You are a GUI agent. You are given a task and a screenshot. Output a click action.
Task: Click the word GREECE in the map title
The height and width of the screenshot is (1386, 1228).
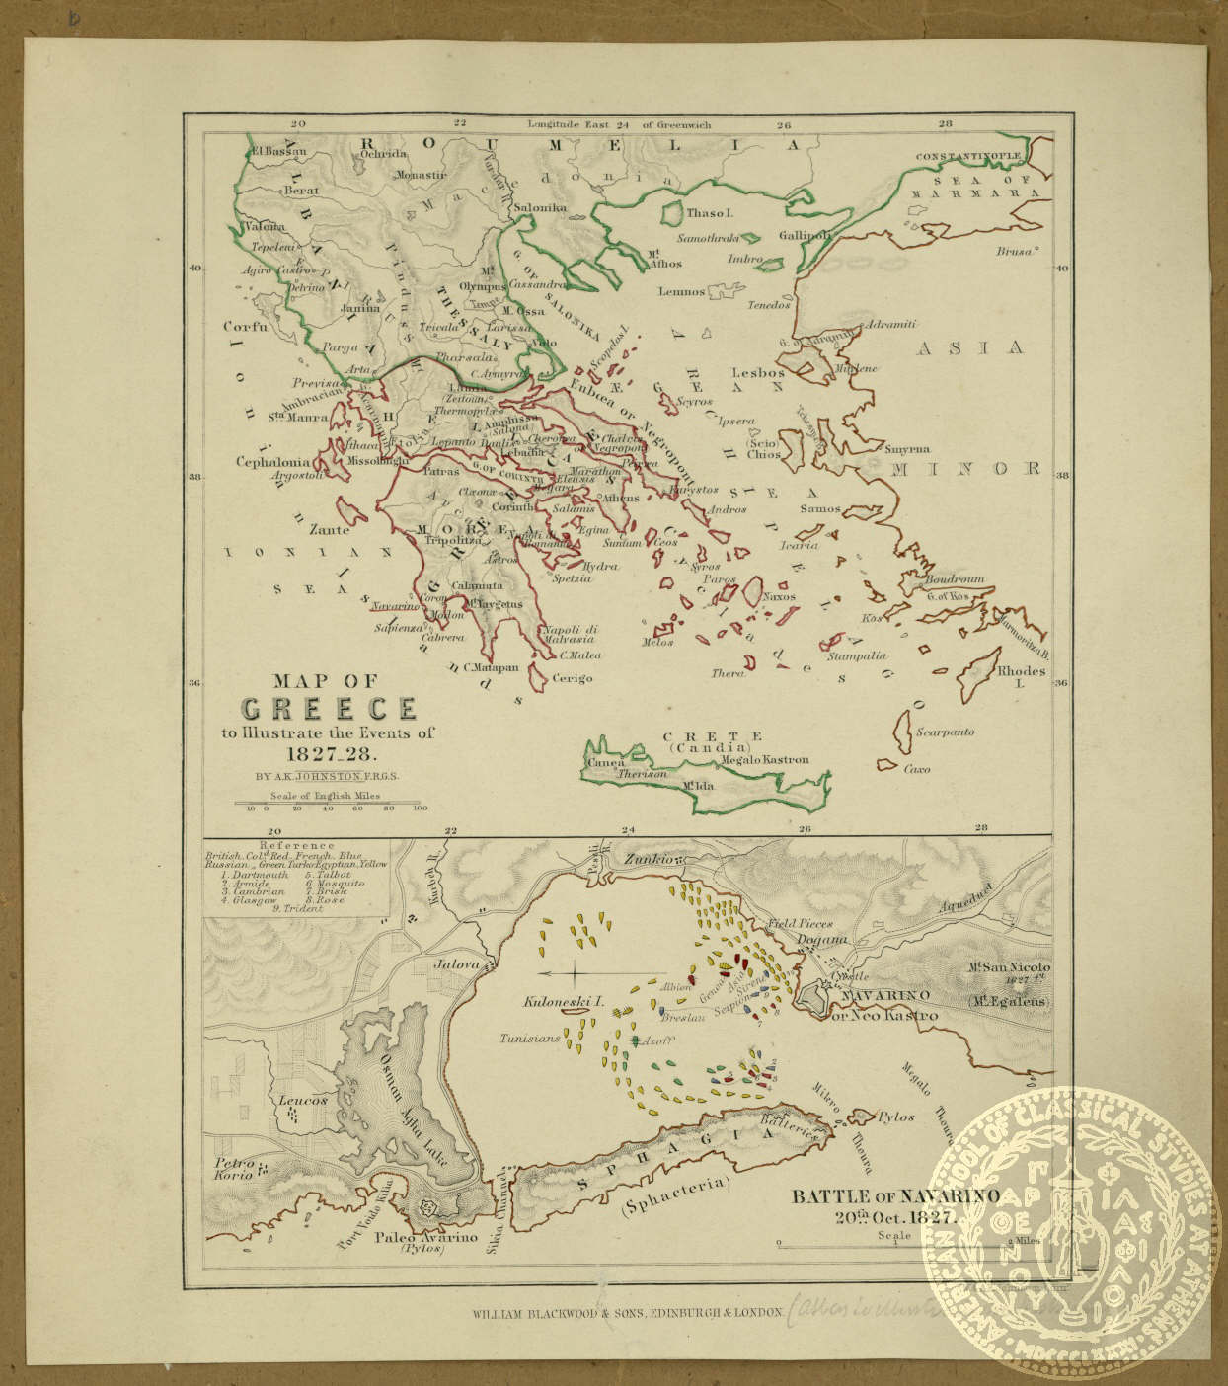coord(329,709)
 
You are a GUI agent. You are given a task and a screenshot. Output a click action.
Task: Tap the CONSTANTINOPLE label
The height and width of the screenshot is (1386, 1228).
coord(972,157)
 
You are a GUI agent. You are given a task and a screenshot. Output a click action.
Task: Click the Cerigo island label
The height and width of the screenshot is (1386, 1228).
coord(572,679)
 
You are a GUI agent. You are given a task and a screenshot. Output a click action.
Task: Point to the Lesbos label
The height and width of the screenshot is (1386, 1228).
coord(758,373)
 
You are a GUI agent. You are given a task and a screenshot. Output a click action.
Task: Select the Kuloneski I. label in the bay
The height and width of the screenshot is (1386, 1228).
coord(563,1001)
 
